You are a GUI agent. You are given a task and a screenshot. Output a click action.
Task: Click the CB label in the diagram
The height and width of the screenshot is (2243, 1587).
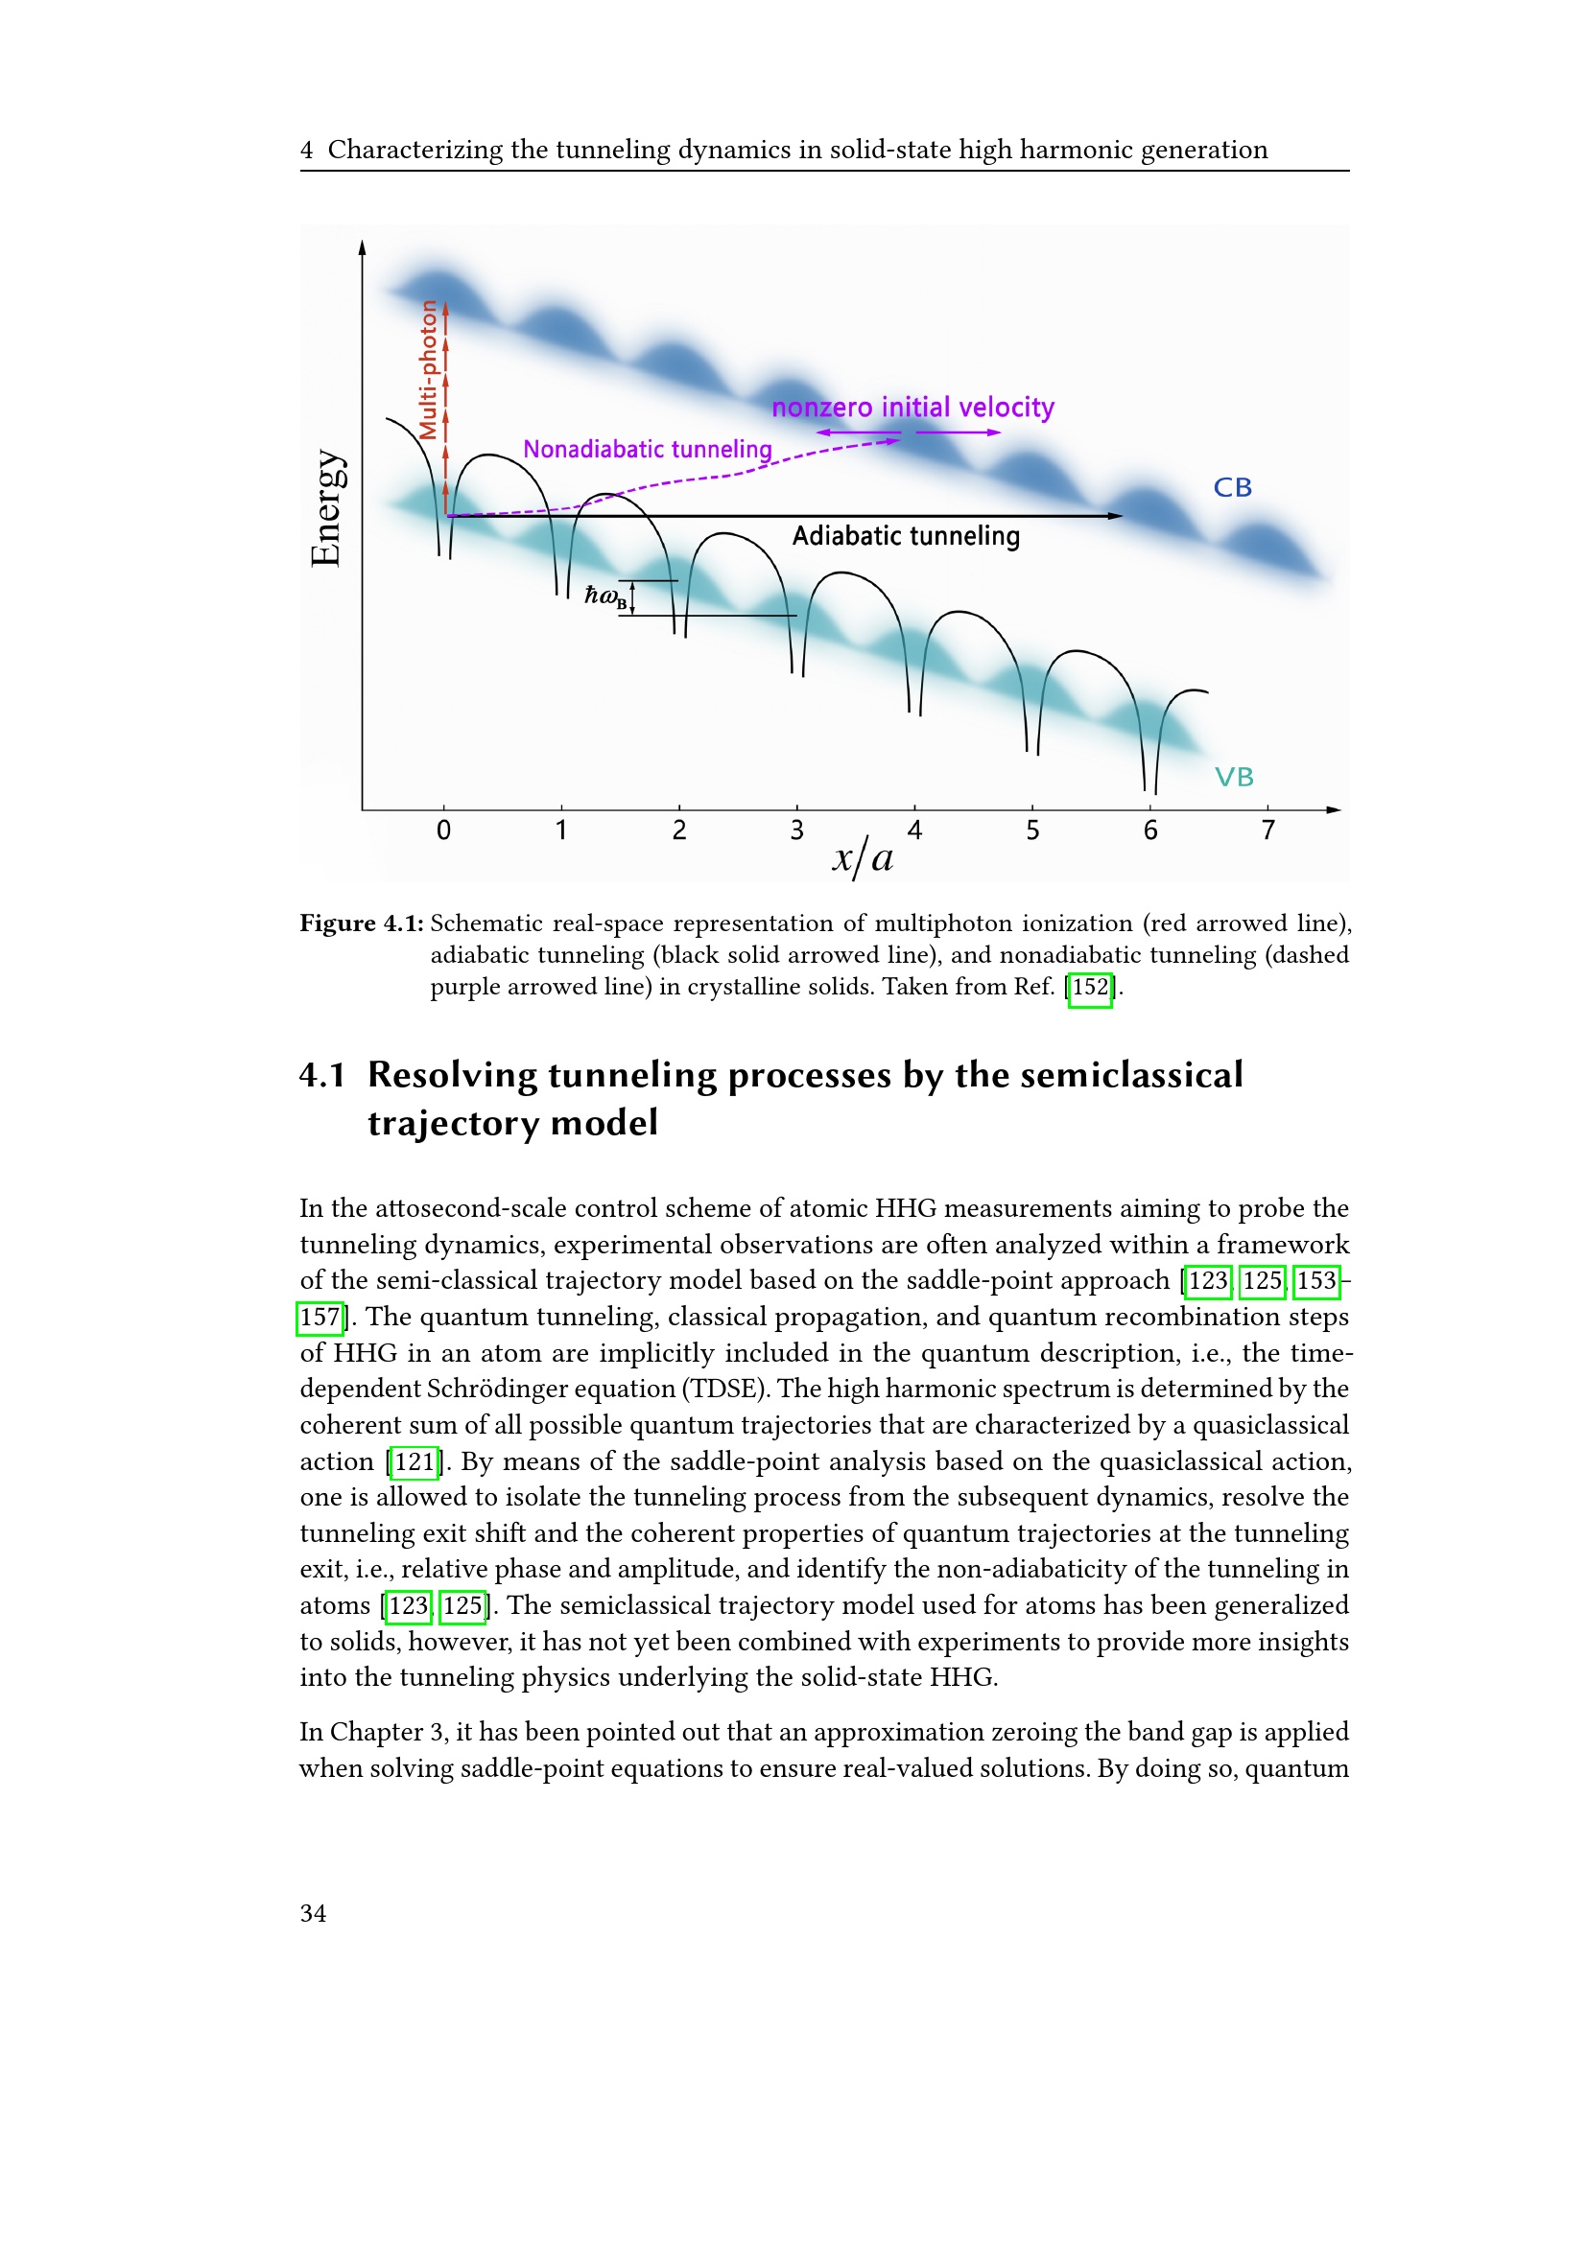tap(1232, 487)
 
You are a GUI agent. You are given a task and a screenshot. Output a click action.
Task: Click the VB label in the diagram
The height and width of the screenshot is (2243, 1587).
tap(1233, 777)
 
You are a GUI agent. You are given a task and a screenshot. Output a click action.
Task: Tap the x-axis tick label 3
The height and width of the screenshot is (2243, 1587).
tap(797, 830)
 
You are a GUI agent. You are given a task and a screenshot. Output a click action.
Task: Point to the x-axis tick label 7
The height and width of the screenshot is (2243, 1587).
tap(1267, 830)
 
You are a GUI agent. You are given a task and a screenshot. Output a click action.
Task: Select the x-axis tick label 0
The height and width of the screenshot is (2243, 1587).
tap(443, 830)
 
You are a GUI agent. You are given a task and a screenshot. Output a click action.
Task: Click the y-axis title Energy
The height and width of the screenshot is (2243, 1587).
tap(326, 508)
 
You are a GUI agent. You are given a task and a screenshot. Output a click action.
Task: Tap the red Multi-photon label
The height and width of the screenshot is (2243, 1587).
tap(428, 370)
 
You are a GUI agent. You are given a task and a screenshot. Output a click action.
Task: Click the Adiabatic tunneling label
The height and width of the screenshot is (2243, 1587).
tap(906, 536)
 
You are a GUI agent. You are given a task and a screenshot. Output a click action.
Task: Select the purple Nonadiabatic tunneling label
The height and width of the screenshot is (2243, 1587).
tap(647, 450)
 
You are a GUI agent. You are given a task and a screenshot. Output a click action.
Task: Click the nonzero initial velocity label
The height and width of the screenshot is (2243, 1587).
tap(912, 408)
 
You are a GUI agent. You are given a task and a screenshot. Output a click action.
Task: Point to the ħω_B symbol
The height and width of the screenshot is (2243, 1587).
tap(604, 596)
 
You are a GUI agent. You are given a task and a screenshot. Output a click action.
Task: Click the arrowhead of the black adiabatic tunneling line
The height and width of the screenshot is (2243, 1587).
tap(1115, 516)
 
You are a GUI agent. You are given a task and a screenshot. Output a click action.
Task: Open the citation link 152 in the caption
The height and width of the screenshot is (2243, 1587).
tap(1090, 987)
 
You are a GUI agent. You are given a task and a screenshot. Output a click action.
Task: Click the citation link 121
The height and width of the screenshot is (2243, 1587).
tap(415, 1461)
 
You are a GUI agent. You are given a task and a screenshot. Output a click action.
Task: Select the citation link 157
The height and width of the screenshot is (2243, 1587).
tap(320, 1317)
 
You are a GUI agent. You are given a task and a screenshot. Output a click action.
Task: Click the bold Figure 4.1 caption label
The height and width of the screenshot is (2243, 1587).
tap(362, 923)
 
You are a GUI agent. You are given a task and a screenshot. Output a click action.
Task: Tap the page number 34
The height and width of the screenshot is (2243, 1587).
tap(313, 1913)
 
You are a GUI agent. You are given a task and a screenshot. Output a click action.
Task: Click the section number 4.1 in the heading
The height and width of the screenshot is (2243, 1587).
tap(322, 1075)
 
